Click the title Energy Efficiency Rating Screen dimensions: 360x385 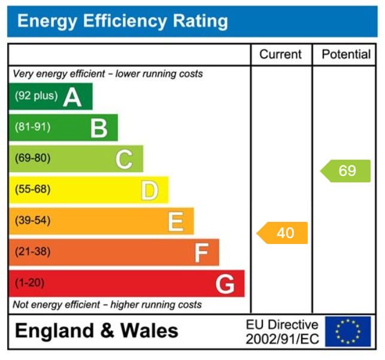122,22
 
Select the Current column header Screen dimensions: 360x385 280,54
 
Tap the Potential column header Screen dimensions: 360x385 346,54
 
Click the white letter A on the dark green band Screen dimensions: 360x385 72,96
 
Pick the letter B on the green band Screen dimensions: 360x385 99,127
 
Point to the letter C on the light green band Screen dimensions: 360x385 124,159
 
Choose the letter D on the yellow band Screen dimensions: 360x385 150,190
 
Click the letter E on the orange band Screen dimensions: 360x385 175,221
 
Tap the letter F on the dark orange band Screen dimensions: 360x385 201,253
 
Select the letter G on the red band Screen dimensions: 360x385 225,284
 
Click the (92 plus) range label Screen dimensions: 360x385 36,96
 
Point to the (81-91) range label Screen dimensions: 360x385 32,127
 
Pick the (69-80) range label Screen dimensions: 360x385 32,158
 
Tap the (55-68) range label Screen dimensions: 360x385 32,190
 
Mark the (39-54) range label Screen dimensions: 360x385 32,221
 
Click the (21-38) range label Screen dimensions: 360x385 32,252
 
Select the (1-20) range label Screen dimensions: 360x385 29,283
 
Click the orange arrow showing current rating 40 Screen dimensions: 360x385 283,233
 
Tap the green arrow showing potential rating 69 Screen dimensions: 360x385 345,171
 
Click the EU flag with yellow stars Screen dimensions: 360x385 348,332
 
